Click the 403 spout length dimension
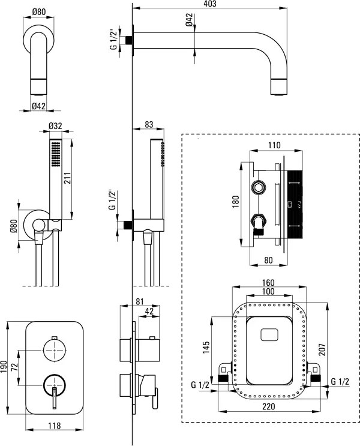click(209, 4)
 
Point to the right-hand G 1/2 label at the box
click(340, 381)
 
